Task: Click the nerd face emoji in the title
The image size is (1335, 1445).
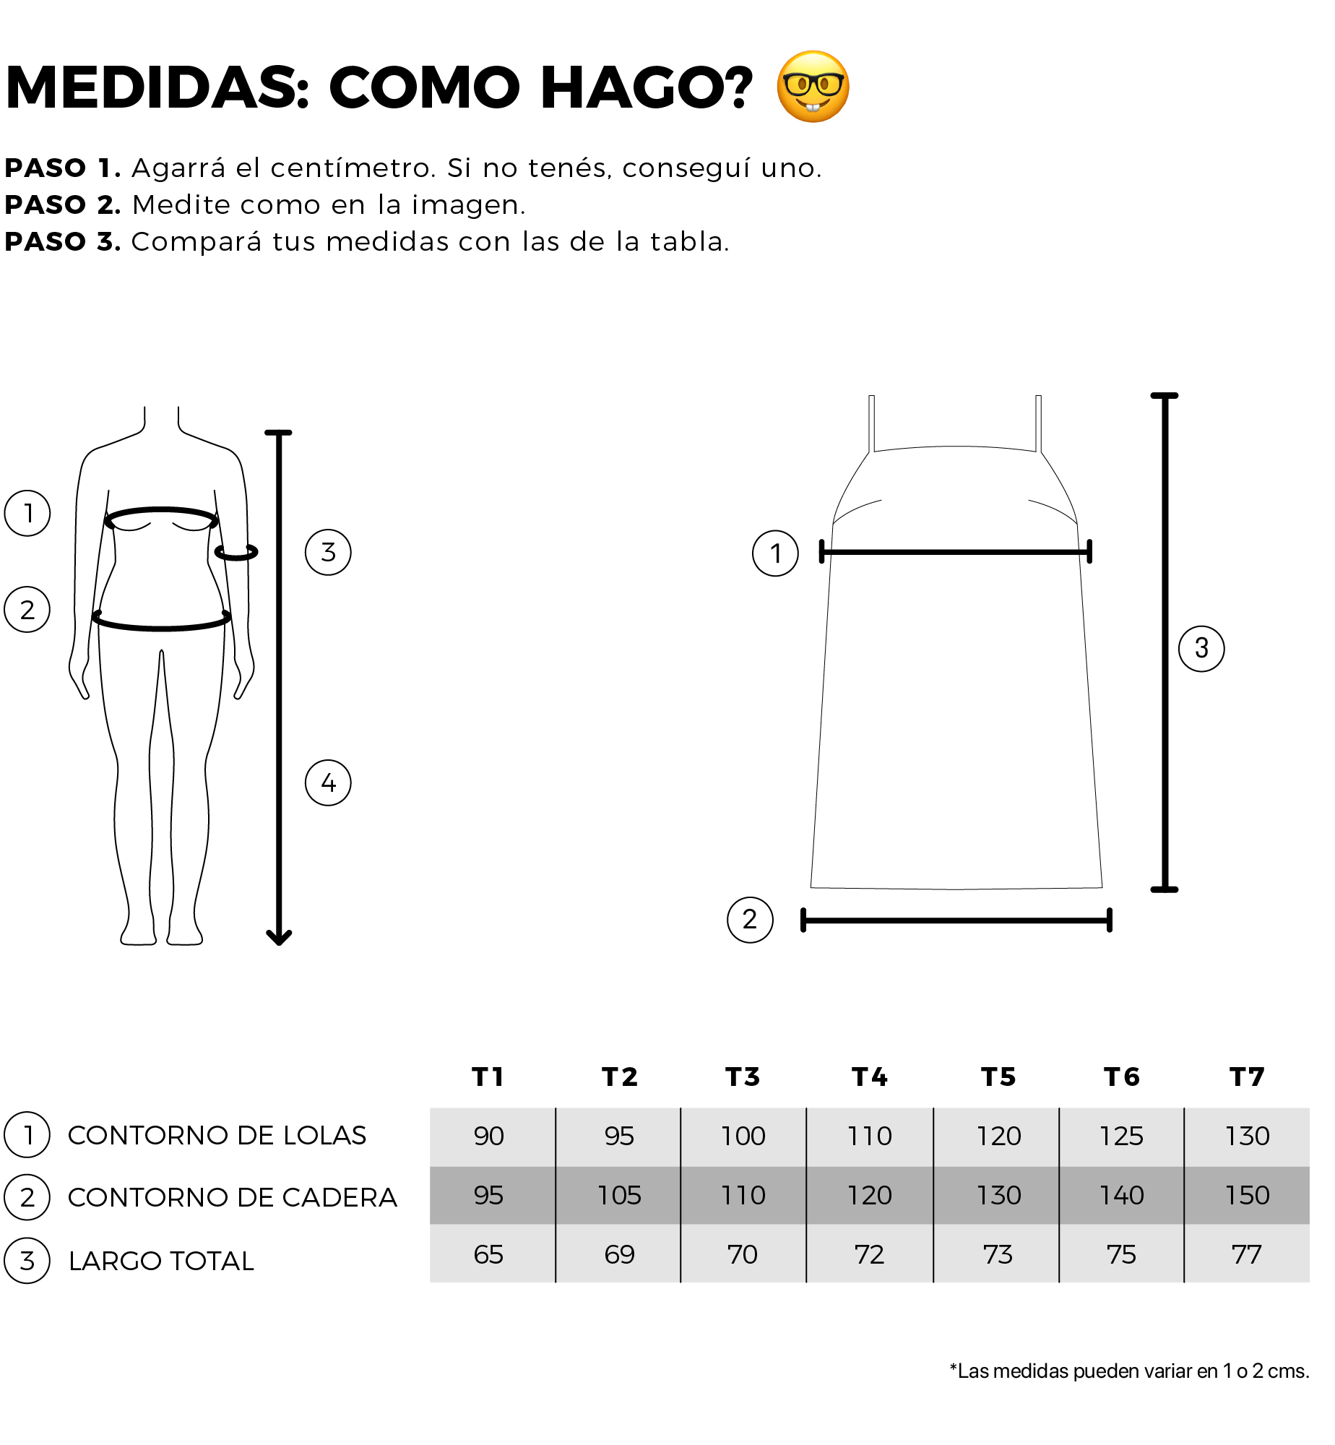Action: tap(813, 87)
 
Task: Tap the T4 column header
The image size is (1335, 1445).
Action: tap(869, 1077)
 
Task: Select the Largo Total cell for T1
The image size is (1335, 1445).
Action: tap(489, 1254)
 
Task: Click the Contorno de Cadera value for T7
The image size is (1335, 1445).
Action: tap(1247, 1195)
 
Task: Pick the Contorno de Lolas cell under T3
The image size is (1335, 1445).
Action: tap(743, 1136)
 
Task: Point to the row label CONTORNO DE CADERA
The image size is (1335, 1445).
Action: tap(232, 1197)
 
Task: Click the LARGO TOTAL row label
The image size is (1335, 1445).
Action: tap(161, 1261)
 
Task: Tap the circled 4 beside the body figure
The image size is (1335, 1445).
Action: tap(328, 782)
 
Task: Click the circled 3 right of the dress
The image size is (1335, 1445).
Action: tap(1201, 648)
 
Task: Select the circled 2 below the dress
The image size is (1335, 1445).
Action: tap(750, 920)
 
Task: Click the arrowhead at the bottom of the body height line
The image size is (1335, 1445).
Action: tap(279, 938)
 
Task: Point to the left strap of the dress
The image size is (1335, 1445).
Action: tap(872, 423)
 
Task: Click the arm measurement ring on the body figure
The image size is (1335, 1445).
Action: tap(236, 553)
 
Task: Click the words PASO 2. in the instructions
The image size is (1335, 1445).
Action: tap(63, 205)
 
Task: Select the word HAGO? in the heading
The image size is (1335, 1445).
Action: tap(647, 87)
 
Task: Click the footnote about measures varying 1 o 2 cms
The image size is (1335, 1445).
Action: tap(1129, 1371)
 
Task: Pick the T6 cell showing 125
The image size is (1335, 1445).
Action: tap(1121, 1136)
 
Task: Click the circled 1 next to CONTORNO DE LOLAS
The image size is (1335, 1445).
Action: tap(27, 1134)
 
